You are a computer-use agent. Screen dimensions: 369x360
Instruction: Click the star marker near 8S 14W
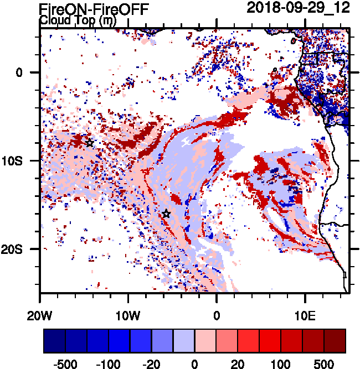(x=89, y=143)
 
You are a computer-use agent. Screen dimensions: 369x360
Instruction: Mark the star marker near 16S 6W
(x=166, y=214)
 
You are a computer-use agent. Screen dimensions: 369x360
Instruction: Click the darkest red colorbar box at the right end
(x=335, y=341)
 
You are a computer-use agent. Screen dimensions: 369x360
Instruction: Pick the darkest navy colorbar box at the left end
(x=54, y=341)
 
